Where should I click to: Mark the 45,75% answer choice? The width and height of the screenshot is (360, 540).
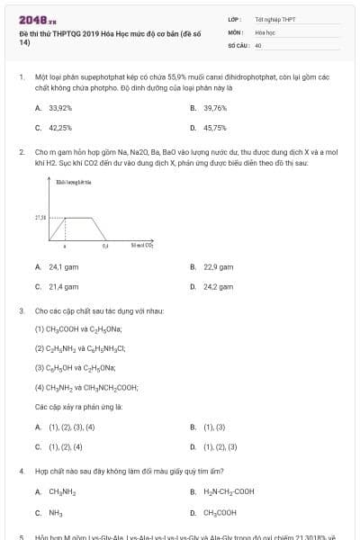[215, 128]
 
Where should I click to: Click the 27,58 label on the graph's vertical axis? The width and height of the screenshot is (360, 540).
[40, 218]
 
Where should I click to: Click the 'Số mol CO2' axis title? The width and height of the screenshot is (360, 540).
[142, 245]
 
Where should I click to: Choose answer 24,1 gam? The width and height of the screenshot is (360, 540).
[62, 266]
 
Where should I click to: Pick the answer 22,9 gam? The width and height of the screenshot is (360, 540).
[218, 266]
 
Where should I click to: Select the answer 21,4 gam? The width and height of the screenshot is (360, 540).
[62, 287]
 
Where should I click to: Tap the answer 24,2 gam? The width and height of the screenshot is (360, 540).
[218, 287]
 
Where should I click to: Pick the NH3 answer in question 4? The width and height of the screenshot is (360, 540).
[55, 512]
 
